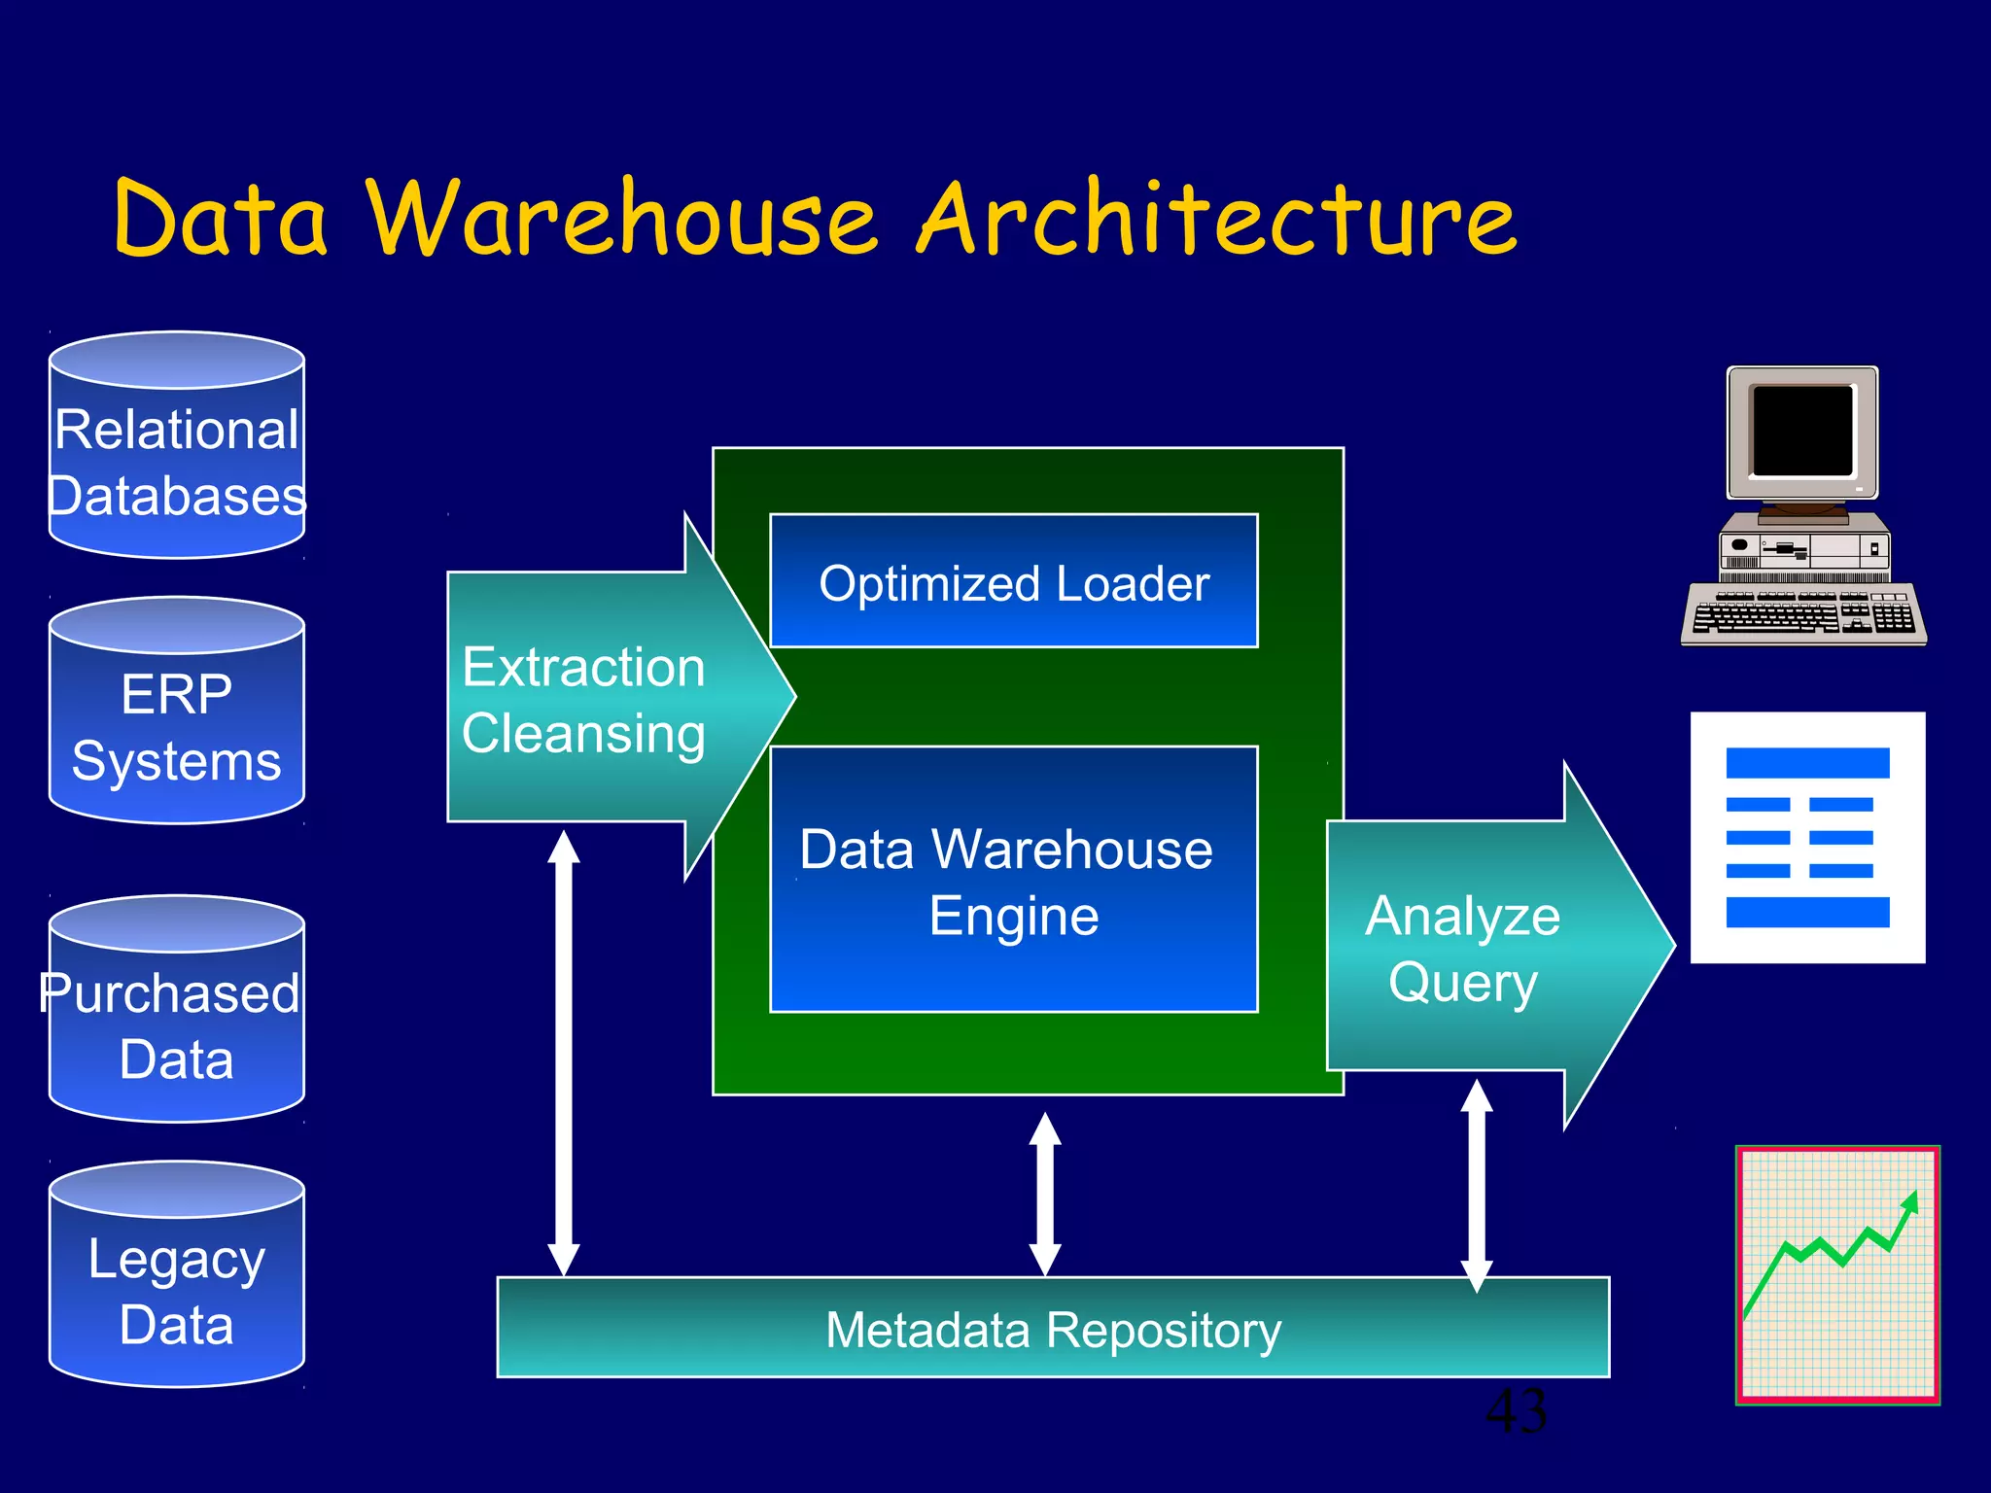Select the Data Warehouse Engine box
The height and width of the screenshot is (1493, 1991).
pyautogui.click(x=1013, y=880)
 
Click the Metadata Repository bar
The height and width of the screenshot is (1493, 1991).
pyautogui.click(x=1053, y=1329)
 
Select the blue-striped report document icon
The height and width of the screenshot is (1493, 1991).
pyautogui.click(x=1807, y=837)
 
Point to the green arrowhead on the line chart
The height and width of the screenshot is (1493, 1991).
pyautogui.click(x=1910, y=1203)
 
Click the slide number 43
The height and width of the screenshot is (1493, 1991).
pyautogui.click(x=1517, y=1412)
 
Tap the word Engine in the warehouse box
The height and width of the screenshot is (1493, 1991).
pyautogui.click(x=1013, y=917)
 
